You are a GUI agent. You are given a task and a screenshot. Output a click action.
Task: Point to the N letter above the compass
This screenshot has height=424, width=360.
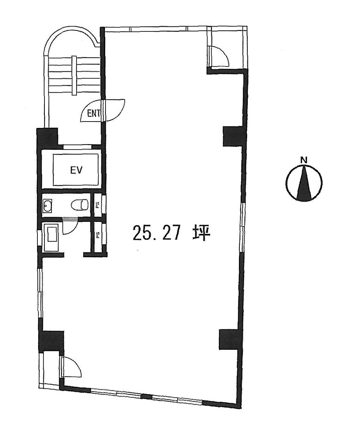[304, 160]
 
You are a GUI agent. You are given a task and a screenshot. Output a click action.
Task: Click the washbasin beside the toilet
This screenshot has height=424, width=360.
[47, 205]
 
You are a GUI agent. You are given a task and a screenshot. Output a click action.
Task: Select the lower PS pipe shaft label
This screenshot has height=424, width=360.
[97, 234]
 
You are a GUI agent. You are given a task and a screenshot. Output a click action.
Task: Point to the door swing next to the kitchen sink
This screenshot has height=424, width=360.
[69, 226]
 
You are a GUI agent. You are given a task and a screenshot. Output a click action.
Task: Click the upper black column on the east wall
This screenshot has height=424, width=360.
[233, 136]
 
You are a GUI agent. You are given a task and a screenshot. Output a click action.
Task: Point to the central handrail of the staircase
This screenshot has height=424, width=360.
[74, 75]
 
